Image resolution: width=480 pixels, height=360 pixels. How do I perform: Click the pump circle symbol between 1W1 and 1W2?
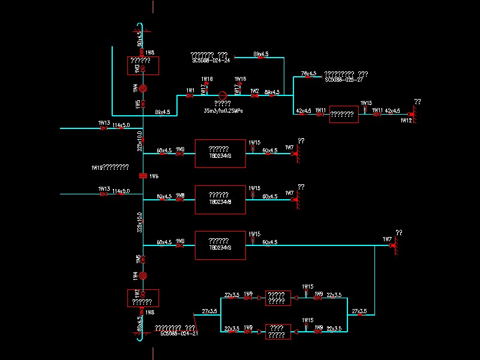223,95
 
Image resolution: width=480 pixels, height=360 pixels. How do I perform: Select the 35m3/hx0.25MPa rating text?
223,111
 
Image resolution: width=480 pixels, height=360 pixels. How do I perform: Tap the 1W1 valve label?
190,90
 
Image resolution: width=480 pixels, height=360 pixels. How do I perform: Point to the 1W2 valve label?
255,90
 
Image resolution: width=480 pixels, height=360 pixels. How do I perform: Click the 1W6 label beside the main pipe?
154,176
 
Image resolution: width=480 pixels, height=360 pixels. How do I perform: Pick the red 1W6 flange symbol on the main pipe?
143,176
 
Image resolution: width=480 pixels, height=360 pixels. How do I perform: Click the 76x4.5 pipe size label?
308,73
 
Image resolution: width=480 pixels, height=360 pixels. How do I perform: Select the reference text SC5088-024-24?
211,61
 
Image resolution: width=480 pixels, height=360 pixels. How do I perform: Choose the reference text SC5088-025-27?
344,79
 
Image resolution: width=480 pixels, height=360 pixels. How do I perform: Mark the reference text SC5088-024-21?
179,333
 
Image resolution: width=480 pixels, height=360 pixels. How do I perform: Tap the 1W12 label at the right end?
406,121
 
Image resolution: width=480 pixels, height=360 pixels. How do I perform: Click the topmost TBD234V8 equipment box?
220,154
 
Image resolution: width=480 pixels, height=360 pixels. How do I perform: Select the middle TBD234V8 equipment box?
220,199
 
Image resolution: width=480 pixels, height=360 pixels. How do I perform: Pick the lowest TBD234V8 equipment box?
220,245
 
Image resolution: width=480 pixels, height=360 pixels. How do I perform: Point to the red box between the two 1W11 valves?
344,113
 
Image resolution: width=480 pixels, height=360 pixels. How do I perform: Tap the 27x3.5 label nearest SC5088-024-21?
209,311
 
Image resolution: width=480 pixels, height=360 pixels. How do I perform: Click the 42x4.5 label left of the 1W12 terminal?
392,110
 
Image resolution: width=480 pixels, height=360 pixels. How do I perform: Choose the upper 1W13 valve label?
104,122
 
